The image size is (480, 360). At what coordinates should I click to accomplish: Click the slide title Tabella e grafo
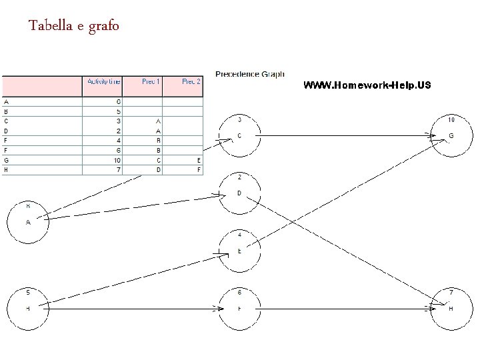(74, 27)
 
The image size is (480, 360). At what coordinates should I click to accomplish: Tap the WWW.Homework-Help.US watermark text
(367, 85)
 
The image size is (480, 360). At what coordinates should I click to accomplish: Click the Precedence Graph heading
(250, 74)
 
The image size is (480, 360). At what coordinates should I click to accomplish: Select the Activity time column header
(103, 81)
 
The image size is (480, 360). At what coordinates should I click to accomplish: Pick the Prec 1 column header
(151, 81)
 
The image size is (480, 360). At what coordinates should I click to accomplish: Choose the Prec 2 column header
(191, 81)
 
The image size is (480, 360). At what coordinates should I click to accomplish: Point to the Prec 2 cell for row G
(199, 160)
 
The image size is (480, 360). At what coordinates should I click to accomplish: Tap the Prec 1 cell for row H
(159, 169)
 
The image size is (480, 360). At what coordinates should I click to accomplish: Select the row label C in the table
(6, 121)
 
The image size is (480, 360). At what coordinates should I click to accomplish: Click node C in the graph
(239, 137)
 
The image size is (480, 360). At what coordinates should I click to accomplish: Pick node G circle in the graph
(451, 137)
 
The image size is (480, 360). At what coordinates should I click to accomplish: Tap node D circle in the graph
(239, 193)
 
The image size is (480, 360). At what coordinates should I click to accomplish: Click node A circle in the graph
(28, 222)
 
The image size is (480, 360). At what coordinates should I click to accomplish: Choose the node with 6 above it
(239, 309)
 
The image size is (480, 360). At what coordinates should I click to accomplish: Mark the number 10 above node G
(451, 120)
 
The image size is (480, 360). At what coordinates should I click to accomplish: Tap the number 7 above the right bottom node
(451, 292)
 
